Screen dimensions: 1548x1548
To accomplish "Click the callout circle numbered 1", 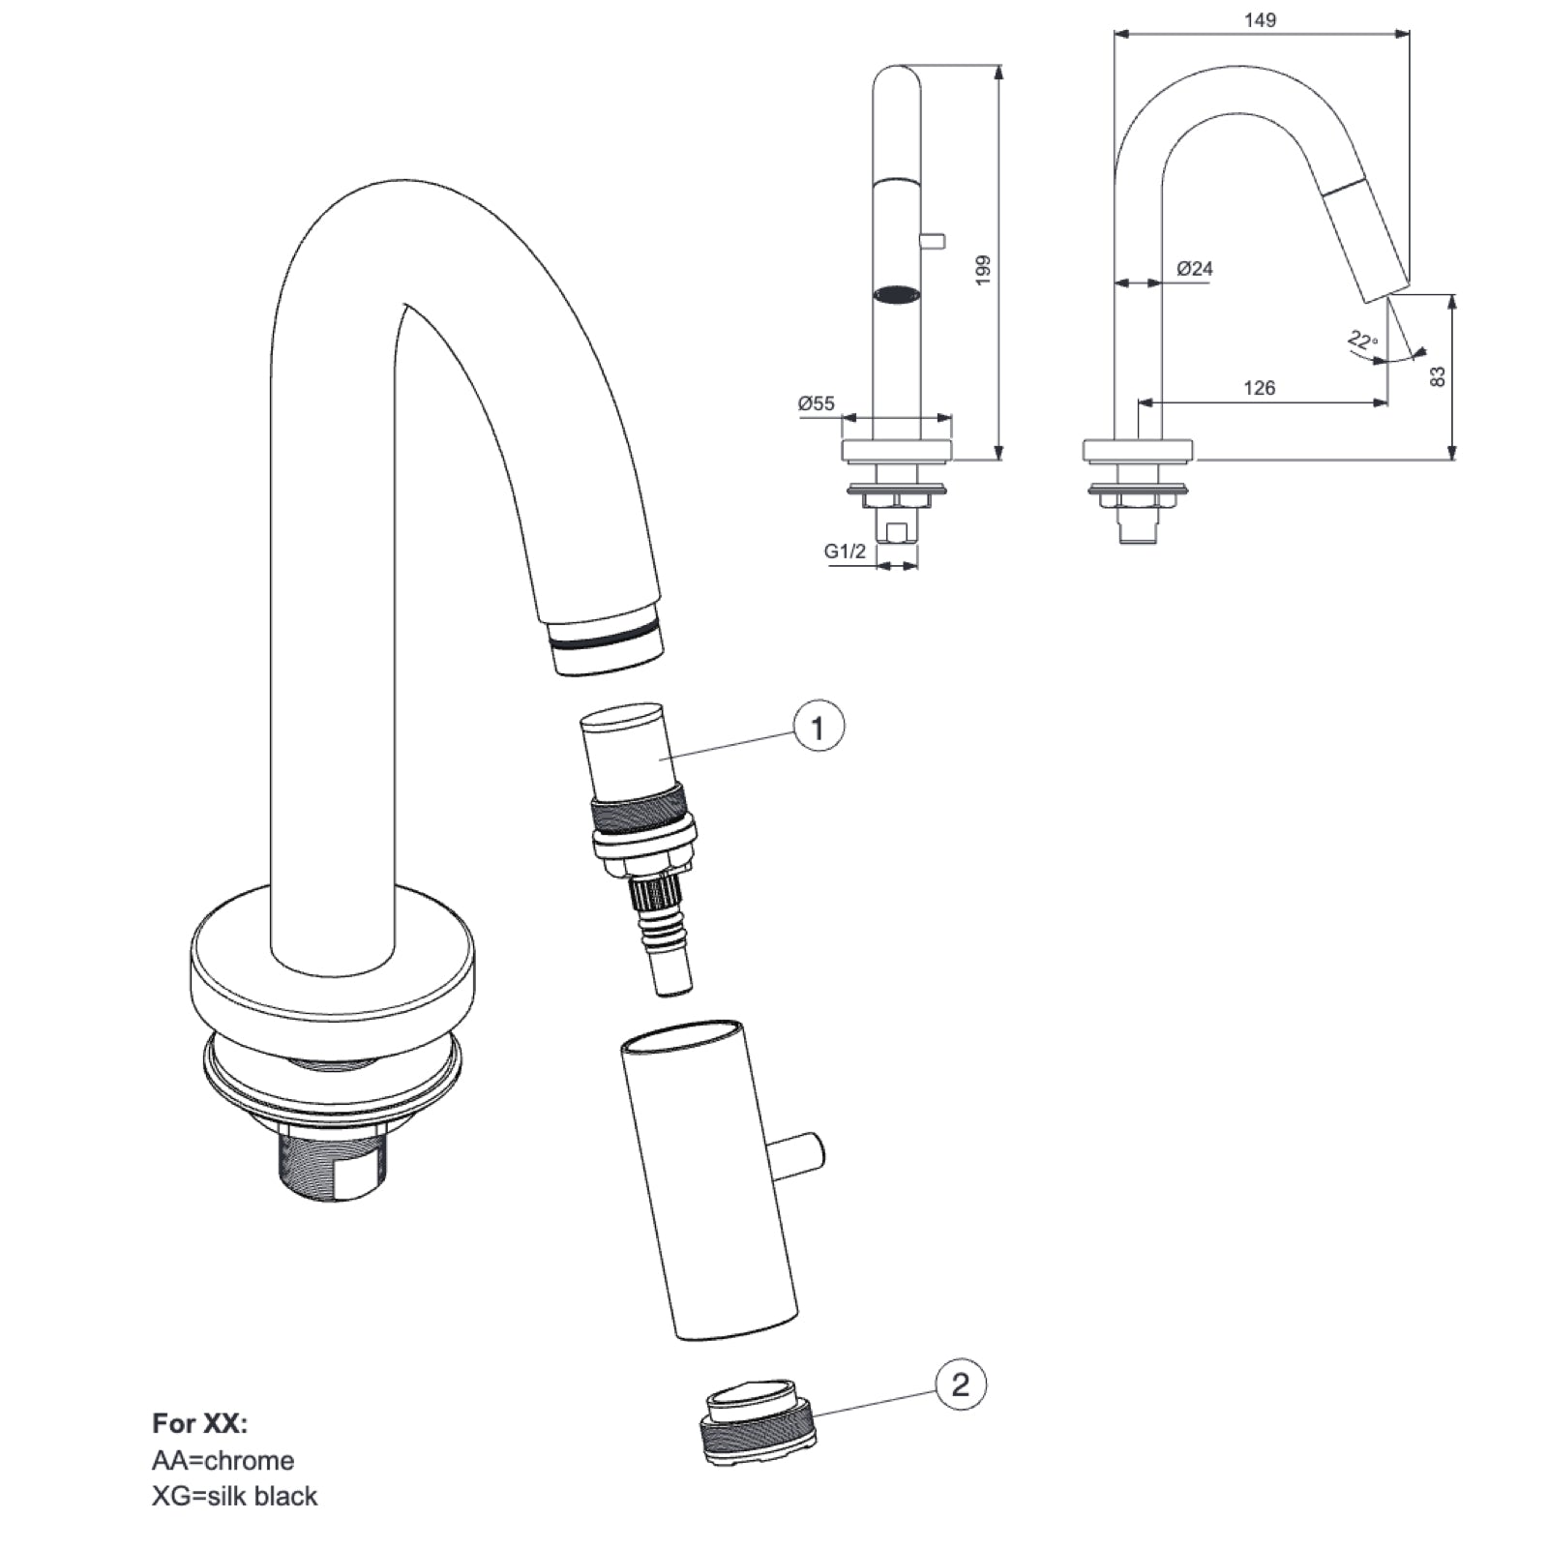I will click(x=819, y=726).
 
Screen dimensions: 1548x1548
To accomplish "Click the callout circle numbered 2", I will click(x=960, y=1384).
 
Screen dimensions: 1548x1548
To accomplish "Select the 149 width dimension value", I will click(x=1261, y=19).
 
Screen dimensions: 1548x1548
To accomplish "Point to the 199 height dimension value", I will click(x=984, y=269).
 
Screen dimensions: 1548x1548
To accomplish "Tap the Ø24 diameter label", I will click(x=1195, y=269).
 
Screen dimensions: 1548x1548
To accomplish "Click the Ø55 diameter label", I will click(x=816, y=403).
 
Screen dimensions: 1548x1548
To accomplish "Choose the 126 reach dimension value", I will click(x=1259, y=388).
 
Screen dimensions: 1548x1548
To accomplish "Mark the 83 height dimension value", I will click(x=1438, y=376).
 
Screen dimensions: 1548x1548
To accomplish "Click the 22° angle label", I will click(x=1362, y=341).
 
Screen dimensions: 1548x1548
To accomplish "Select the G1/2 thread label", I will click(x=845, y=551).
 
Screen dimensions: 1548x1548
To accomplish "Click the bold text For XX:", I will click(x=199, y=1423).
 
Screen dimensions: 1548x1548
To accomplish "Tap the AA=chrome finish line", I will click(x=223, y=1460).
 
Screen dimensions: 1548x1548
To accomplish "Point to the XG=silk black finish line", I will click(x=234, y=1496).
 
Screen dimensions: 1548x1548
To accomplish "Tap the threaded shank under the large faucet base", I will click(x=333, y=1166).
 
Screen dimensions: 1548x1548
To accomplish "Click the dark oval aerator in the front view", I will click(x=896, y=293).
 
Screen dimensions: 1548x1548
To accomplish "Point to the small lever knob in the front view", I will click(x=933, y=241).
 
